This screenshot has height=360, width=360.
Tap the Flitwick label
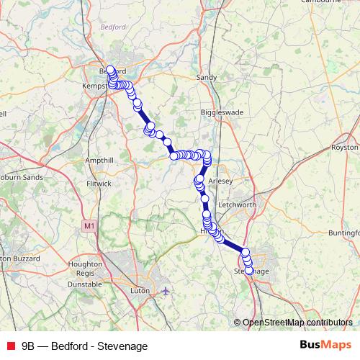coord(99,183)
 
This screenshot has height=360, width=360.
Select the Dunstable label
coord(84,284)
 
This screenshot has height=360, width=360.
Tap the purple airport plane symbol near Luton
coord(166,290)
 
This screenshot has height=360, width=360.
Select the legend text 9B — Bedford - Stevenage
coord(84,346)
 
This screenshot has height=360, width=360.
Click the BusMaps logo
coord(326,346)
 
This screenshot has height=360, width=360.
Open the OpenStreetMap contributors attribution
coord(297,322)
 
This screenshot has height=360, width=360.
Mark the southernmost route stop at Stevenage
coord(249,271)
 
